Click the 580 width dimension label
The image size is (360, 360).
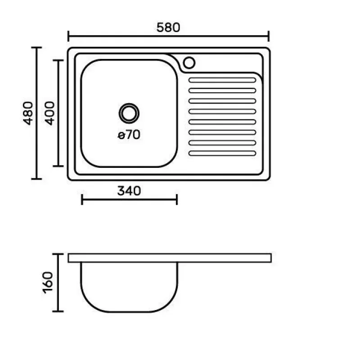pyautogui.click(x=168, y=27)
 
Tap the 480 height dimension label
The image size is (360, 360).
pyautogui.click(x=28, y=113)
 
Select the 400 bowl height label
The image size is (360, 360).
pyautogui.click(x=50, y=113)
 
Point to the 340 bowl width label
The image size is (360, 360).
pyautogui.click(x=129, y=191)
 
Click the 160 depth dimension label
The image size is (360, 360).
pyautogui.click(x=48, y=283)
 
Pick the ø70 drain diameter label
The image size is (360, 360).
pyautogui.click(x=129, y=135)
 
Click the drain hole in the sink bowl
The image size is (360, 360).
pyautogui.click(x=129, y=113)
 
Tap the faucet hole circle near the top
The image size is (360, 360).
pyautogui.click(x=189, y=63)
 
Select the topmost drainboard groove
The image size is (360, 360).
pyautogui.click(x=222, y=80)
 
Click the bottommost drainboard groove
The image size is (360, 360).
pyautogui.click(x=222, y=153)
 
